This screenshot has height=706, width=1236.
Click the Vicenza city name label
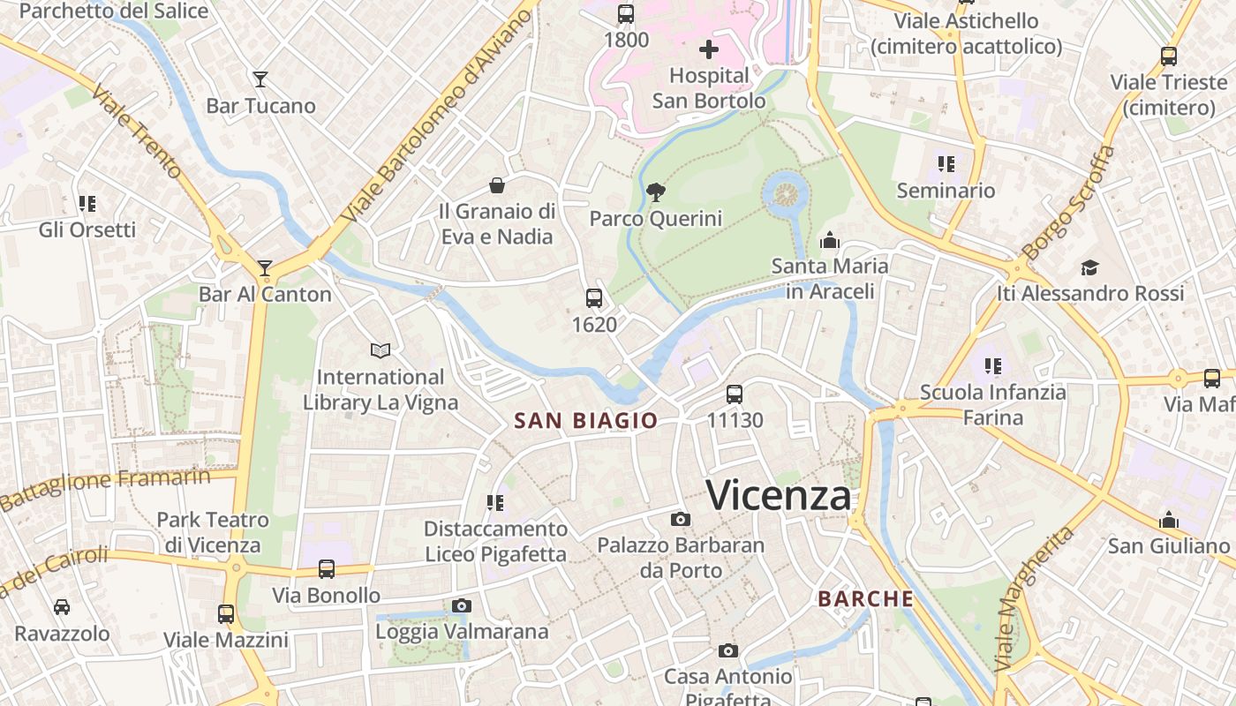click(779, 495)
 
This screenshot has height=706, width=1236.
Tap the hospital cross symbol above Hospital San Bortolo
click(708, 49)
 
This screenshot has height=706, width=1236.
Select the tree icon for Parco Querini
click(655, 192)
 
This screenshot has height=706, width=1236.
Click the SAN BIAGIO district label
click(586, 421)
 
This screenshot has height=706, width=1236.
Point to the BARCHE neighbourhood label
click(865, 598)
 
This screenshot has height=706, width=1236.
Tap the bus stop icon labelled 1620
click(594, 298)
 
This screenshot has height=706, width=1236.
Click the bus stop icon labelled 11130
click(735, 394)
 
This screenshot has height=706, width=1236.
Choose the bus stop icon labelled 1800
click(626, 14)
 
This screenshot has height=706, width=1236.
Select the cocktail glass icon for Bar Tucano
click(260, 79)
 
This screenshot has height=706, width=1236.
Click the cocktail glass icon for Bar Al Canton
click(265, 267)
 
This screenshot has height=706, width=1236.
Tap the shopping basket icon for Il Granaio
click(497, 185)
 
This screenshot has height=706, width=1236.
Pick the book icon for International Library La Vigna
click(381, 351)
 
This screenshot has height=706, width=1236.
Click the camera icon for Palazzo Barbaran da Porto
click(680, 519)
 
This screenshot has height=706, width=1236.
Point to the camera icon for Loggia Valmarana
click(462, 605)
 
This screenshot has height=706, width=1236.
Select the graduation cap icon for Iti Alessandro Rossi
click(1090, 267)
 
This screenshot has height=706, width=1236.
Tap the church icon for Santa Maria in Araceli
click(830, 240)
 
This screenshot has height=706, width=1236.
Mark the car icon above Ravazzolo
click(62, 607)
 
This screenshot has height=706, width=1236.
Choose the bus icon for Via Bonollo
click(327, 569)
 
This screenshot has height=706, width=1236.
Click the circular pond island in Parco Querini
click(785, 192)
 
